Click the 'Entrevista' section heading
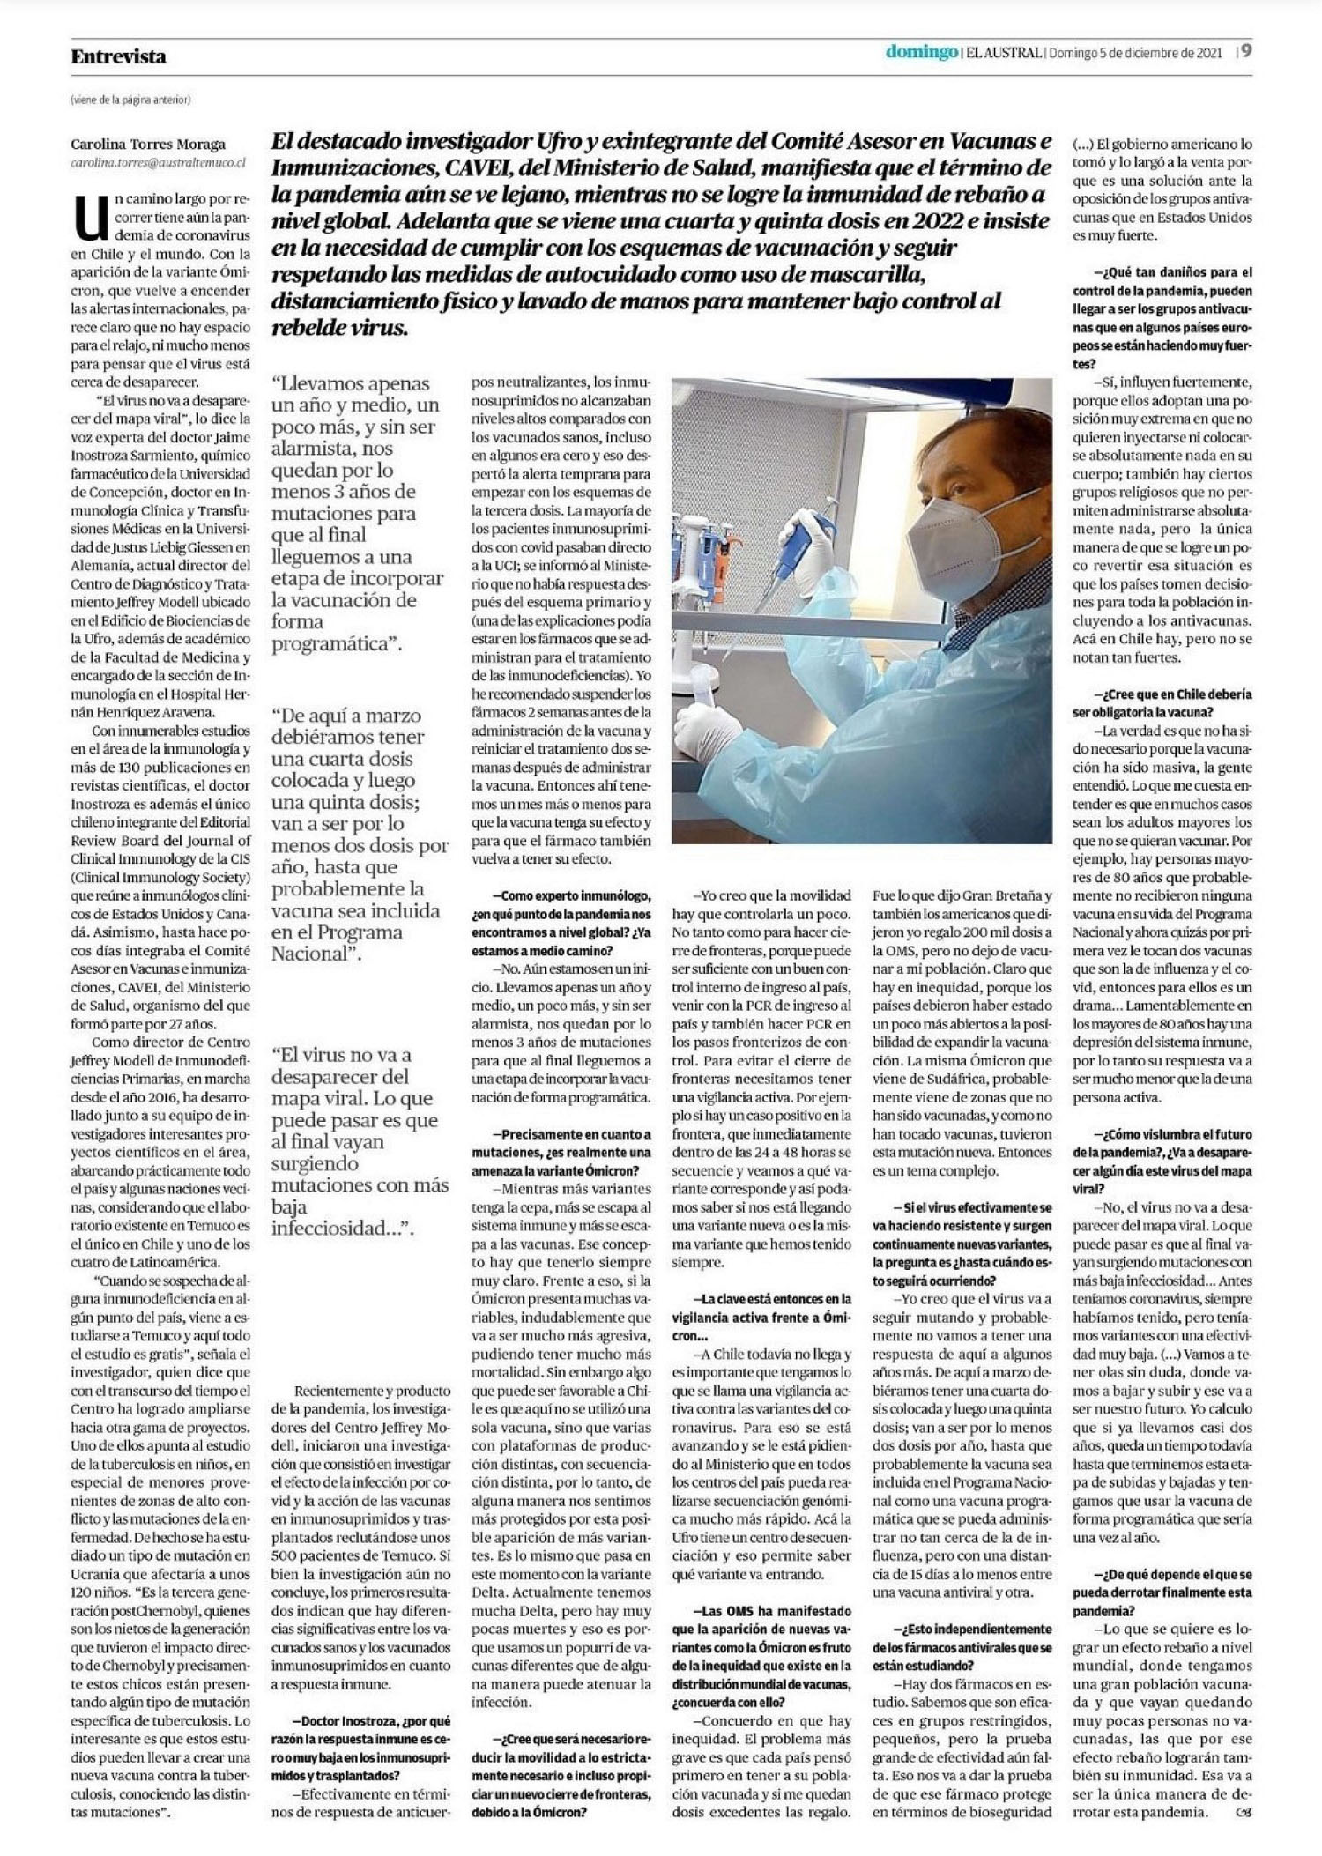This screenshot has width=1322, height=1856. click(x=118, y=56)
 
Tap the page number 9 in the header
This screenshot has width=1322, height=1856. click(x=1247, y=52)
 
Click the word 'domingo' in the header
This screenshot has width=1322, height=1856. click(x=922, y=53)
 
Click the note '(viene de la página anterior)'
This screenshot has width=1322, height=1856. click(x=130, y=100)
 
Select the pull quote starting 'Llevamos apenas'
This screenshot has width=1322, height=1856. click(x=357, y=513)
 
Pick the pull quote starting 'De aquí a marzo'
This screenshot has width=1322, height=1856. click(x=360, y=833)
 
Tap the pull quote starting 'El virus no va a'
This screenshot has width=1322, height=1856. click(x=360, y=1140)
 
